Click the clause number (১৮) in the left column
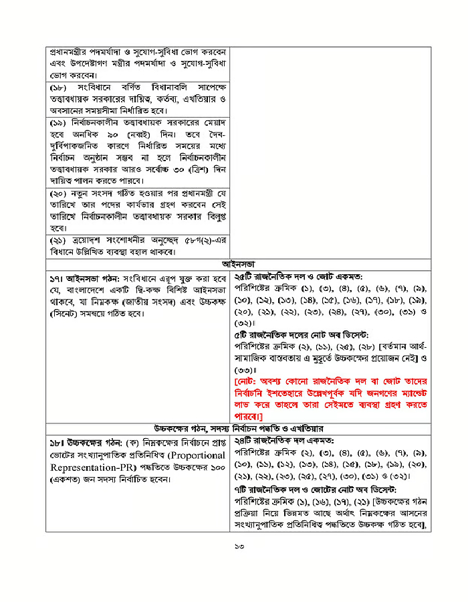(60, 88)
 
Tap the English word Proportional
(189, 456)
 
